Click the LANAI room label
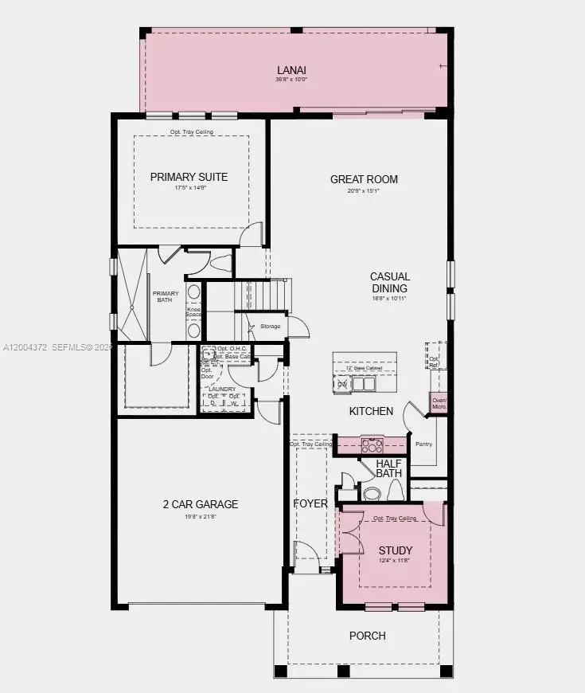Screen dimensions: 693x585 click(x=291, y=69)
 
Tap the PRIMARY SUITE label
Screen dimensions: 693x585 click(x=189, y=177)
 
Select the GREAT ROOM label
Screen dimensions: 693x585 click(x=364, y=179)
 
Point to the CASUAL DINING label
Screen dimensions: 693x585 click(x=389, y=283)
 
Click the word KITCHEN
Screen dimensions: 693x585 click(x=371, y=411)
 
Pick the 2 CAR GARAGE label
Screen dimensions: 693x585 click(x=201, y=504)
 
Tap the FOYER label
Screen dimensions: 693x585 click(x=310, y=503)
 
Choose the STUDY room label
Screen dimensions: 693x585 click(x=395, y=550)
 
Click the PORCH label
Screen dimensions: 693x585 click(x=368, y=636)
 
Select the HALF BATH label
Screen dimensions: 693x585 click(x=389, y=468)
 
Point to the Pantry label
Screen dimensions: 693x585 click(x=423, y=444)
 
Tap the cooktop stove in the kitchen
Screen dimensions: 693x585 click(x=372, y=444)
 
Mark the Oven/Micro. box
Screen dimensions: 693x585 click(x=439, y=403)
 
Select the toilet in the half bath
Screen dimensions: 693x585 click(x=372, y=493)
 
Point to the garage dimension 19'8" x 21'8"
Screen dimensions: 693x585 click(x=201, y=517)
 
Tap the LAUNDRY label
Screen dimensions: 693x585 click(x=222, y=389)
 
